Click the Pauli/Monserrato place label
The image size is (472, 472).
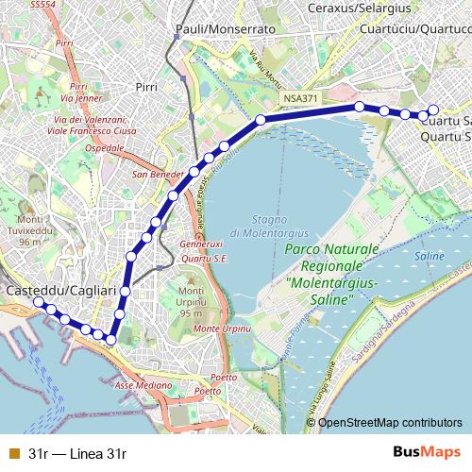pos(225,29)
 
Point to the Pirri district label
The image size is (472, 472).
pos(146,86)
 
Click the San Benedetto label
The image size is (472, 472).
pos(157,174)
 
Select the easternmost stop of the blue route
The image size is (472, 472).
pos(433,110)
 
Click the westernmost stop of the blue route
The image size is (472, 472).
pos(39,302)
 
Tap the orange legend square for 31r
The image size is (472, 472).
pos(12,453)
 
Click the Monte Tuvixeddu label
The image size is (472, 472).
pos(30,235)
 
